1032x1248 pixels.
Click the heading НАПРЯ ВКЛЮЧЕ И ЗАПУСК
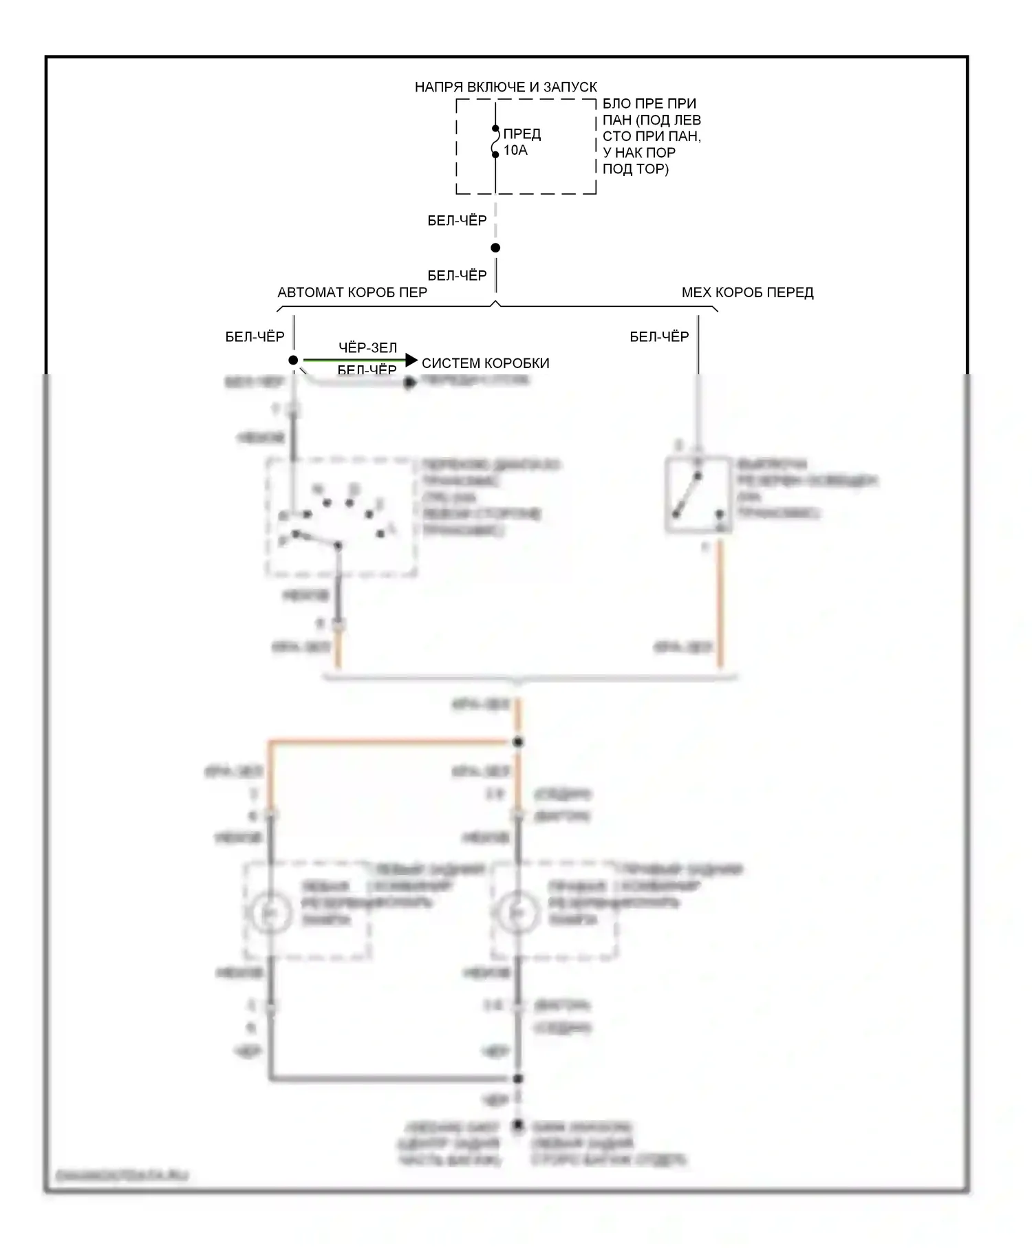[x=506, y=87]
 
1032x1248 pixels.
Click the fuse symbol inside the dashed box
[x=495, y=142]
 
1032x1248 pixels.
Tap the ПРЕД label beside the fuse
[x=522, y=133]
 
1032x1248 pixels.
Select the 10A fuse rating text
[x=515, y=150]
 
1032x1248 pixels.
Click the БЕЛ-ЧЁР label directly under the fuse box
[x=457, y=220]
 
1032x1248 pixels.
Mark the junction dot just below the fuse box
[x=495, y=248]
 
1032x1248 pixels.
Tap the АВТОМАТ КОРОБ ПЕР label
[x=352, y=292]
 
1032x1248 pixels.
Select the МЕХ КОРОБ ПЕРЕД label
[x=747, y=292]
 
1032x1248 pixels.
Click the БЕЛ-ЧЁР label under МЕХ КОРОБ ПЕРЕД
[x=659, y=336]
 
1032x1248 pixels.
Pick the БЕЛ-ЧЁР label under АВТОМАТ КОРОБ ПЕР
[x=255, y=336]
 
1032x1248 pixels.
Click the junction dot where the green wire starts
[x=293, y=361]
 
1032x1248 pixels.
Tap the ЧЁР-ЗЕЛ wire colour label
[x=367, y=347]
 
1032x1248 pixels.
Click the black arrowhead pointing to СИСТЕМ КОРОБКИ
[x=411, y=361]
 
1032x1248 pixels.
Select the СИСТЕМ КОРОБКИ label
[x=485, y=363]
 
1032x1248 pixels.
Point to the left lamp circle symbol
[x=269, y=912]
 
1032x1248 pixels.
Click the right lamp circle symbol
[x=517, y=912]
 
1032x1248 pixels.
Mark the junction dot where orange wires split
[x=519, y=742]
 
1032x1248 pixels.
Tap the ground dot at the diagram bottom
[x=518, y=1126]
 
